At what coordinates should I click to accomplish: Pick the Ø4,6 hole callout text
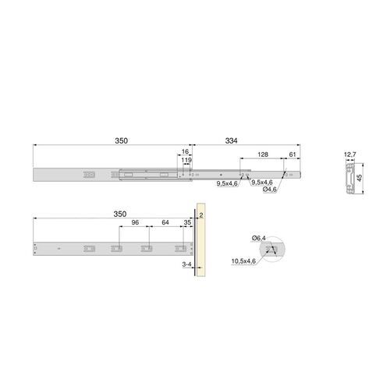(271, 190)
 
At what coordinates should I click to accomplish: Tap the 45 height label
(360, 177)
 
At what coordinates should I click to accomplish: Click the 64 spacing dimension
(165, 222)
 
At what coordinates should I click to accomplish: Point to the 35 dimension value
(186, 222)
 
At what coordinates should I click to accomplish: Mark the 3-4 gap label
(186, 266)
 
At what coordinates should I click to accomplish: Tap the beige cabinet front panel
(200, 250)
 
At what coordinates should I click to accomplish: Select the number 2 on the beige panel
(200, 213)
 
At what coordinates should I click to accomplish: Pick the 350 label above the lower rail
(119, 213)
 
